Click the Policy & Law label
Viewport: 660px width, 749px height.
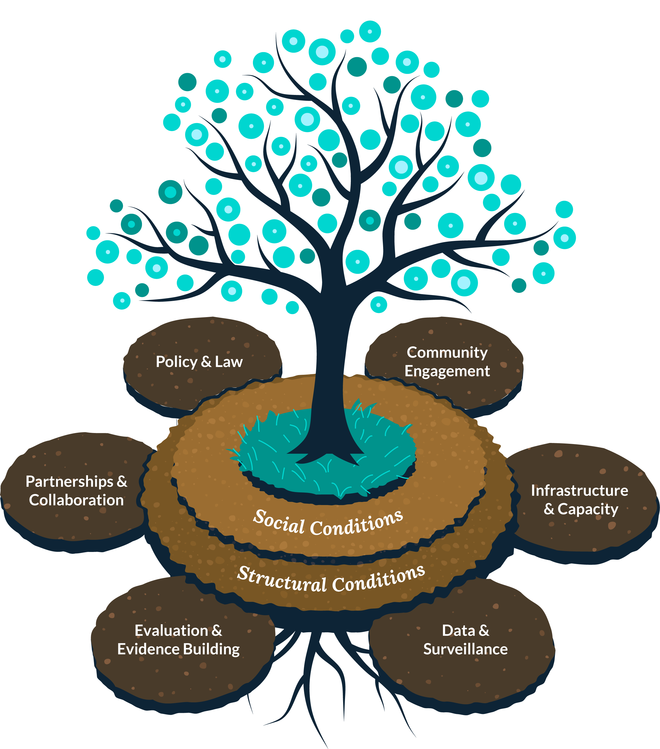coord(199,362)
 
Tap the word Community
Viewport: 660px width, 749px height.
coord(447,352)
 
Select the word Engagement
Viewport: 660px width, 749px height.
coord(447,371)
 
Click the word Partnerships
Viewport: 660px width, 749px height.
coord(70,482)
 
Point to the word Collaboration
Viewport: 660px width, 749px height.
coord(76,500)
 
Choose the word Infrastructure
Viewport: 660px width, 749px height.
coord(579,491)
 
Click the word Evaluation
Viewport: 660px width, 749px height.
coord(171,631)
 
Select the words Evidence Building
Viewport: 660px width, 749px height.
coord(178,649)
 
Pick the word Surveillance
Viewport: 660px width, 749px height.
coord(466,649)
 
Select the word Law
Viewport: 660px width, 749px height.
coord(229,362)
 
